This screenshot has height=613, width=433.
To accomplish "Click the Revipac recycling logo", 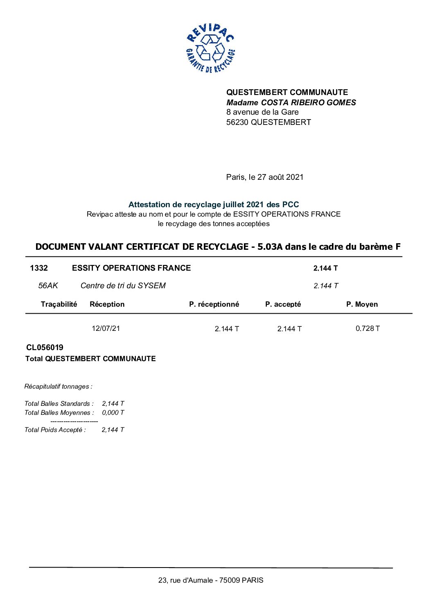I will coord(210,48).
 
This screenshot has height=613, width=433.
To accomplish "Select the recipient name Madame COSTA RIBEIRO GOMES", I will coord(291,102).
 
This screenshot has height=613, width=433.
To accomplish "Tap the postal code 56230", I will coord(237,122).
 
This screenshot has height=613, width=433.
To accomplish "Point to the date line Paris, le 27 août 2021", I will coord(264,177).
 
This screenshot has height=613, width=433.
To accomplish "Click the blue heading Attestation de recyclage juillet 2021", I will coord(214,204).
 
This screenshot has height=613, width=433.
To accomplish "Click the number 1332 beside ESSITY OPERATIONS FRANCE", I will coord(39,268).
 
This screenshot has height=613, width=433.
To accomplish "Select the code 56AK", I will coord(48,285).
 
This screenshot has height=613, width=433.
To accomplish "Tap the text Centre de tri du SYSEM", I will coord(123,285).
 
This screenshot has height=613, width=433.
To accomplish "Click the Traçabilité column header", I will coord(59,304).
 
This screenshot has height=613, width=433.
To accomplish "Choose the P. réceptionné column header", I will coord(214,304).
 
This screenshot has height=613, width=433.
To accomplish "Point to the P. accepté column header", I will coord(283,304).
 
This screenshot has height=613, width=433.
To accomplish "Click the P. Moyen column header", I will coord(362,304).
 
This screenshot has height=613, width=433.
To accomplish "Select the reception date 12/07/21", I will coord(106,328).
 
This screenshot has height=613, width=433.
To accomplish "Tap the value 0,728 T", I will coord(368,328).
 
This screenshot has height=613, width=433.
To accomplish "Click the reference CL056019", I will coord(45,347).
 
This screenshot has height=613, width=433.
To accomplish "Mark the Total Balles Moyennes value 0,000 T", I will coord(113,412).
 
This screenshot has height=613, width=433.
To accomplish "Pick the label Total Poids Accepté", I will coord(55,430).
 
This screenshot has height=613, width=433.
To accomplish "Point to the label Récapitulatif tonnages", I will coord(58,386).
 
